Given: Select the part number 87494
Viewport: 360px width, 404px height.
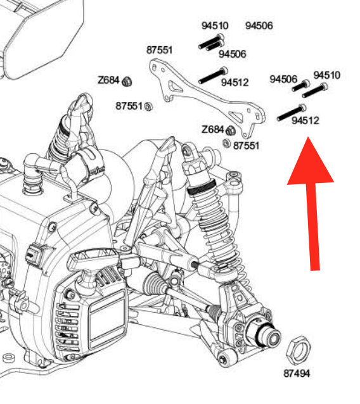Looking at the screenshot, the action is [297, 374].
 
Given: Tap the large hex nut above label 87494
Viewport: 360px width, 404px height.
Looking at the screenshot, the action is [299, 350].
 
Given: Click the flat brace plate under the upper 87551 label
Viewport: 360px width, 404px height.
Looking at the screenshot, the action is [208, 98].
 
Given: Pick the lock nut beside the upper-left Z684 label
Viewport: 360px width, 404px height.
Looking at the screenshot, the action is [127, 82].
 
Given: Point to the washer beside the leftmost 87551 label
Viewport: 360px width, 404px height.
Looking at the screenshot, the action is [148, 106].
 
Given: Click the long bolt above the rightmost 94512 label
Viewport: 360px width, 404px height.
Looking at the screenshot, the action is [291, 113].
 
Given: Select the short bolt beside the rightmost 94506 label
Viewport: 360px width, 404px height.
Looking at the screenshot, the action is [300, 85].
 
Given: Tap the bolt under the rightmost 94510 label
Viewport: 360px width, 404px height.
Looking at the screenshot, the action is [315, 91].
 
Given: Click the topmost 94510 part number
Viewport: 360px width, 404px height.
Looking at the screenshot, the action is [215, 25].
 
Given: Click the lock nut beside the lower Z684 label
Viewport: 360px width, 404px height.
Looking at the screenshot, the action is [231, 130].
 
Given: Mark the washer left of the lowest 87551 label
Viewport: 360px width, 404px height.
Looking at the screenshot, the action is [226, 143].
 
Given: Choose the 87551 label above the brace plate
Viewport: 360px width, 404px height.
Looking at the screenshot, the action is [159, 50].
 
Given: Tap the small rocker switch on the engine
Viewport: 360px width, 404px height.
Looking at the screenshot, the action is [34, 253].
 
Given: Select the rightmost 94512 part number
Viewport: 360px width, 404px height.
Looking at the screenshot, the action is [305, 120].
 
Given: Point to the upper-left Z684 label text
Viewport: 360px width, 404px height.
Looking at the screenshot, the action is [108, 80].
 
